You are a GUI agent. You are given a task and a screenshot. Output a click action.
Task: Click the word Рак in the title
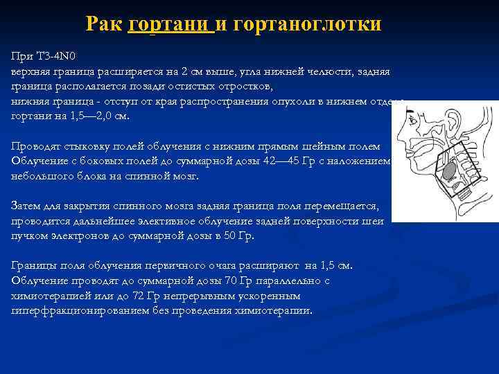coord(105,24)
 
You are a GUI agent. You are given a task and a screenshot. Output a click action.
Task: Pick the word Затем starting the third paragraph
coord(27,206)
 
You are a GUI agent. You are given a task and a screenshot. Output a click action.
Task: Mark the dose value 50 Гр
coord(240,235)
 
